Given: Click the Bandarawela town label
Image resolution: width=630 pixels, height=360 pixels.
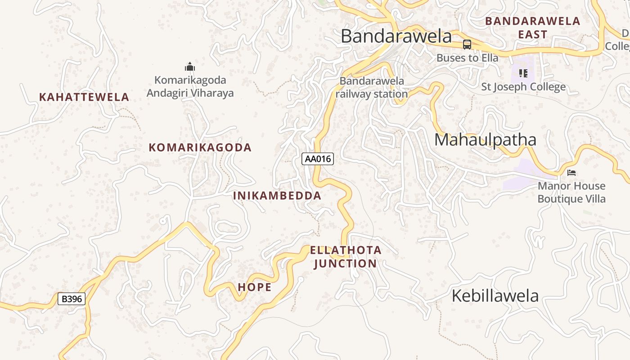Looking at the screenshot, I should click(396, 36).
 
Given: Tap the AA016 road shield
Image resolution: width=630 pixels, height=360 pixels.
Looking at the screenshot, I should click(318, 159).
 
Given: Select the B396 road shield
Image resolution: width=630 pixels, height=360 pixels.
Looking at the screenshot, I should click(72, 299).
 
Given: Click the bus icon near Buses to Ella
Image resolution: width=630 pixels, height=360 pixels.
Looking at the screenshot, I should click(467, 45).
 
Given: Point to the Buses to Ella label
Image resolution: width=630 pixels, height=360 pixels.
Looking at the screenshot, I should click(468, 58).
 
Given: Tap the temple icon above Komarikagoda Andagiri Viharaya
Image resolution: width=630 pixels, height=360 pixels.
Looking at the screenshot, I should click(190, 67).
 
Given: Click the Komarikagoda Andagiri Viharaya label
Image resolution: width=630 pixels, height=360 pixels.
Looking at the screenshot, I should click(190, 86).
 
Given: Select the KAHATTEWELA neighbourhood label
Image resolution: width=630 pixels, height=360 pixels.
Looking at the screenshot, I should click(84, 97).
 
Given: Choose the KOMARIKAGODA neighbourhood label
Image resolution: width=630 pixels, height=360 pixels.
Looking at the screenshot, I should click(200, 148).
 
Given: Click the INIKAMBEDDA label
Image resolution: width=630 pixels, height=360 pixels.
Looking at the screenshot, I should click(277, 196).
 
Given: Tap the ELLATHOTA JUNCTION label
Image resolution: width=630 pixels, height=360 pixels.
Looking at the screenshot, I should click(346, 257).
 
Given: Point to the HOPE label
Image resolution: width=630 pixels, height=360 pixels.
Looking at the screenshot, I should click(255, 287).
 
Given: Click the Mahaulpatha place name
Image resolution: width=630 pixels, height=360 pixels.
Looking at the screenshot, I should click(485, 140).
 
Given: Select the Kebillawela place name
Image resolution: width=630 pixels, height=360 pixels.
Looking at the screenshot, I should click(495, 296).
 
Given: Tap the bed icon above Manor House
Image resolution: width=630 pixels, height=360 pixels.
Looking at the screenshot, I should click(571, 173).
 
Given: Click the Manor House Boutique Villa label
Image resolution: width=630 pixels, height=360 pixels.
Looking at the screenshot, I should click(571, 192).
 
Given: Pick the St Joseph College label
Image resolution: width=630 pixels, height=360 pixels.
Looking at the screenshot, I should click(523, 87).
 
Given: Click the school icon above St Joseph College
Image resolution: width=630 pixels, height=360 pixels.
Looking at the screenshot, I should click(523, 73).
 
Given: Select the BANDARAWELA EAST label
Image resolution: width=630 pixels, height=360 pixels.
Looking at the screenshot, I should click(533, 28).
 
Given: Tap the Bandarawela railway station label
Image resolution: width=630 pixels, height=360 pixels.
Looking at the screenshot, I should click(372, 87).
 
